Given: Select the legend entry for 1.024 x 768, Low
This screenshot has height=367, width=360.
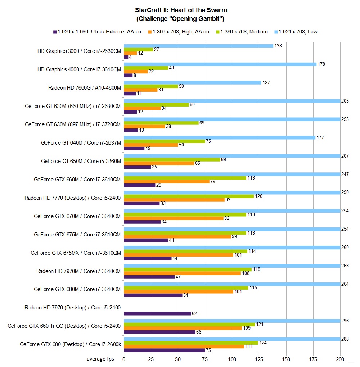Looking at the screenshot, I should point(297,32).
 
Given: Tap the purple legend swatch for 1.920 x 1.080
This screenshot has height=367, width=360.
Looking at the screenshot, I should point(55,32).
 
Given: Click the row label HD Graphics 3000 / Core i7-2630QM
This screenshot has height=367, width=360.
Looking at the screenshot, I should point(79,51).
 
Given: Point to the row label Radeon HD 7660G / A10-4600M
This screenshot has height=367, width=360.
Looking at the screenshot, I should point(85,87).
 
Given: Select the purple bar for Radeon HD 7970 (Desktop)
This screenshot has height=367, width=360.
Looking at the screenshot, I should point(157,313).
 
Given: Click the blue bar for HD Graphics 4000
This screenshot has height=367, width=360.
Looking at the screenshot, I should point(220,64).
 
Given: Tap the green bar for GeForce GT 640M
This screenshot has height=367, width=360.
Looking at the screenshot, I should point(165,141).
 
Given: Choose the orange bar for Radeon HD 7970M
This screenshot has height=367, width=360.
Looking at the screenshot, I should point(182,273).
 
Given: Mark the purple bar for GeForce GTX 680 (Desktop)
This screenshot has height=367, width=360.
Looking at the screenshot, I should point(165,350).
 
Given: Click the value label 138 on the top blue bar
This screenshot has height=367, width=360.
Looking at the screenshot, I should point(278,46).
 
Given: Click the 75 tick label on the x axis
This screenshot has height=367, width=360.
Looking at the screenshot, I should point(205,359).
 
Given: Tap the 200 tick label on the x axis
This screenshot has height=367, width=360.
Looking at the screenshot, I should point(340,359).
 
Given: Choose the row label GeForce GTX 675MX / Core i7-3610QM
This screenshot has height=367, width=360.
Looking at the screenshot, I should point(76,253).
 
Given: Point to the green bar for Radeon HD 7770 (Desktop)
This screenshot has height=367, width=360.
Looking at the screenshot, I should point(189,196).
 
